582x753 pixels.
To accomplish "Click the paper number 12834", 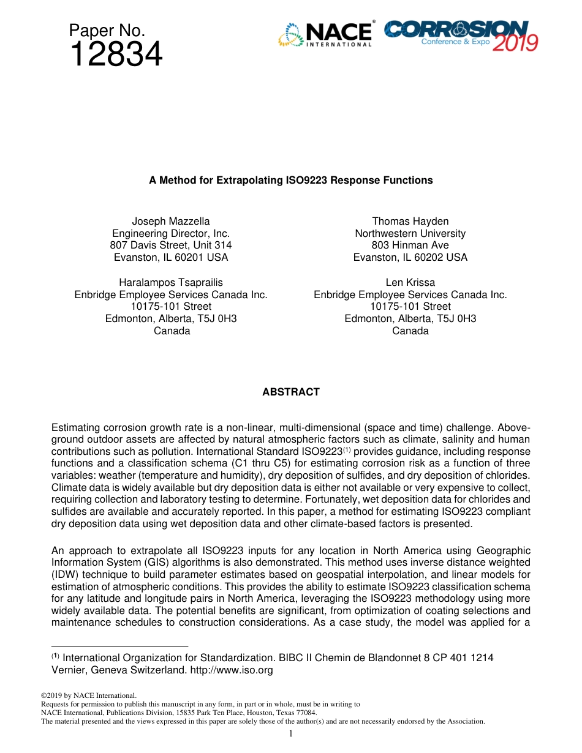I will point(116,55).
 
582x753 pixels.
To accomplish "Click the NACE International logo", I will point(326,35).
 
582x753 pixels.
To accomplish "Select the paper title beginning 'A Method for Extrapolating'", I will point(291,180).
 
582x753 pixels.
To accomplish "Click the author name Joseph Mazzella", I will point(171,221).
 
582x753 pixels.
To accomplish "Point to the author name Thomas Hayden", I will point(410,221).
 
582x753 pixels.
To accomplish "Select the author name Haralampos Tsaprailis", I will point(171,282).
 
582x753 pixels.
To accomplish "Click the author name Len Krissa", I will point(410,282).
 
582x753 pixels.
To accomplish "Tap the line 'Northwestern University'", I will point(410,233).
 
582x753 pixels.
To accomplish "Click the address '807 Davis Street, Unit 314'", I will point(171,245).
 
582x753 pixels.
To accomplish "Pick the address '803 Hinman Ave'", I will point(410,245).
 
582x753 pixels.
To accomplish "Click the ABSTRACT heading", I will point(291,392).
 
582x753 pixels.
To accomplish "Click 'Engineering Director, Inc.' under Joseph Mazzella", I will point(171,233).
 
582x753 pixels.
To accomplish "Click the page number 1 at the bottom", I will point(291,733).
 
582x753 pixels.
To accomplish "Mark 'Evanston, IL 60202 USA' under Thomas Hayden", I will point(410,257).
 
